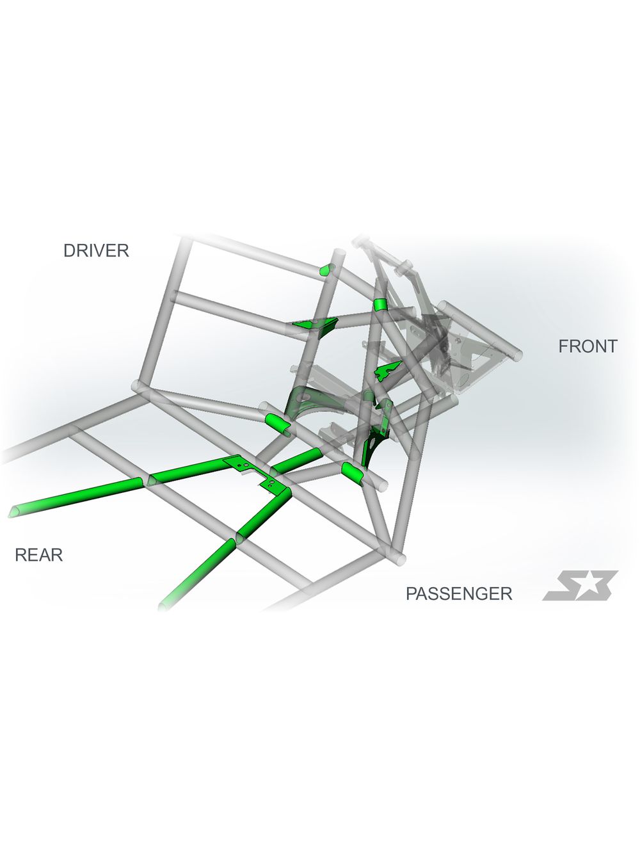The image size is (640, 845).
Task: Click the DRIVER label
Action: (x=95, y=250)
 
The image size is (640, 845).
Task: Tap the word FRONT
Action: (x=588, y=346)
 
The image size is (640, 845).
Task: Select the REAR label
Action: (x=38, y=555)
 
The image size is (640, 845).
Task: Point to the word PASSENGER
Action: (x=459, y=593)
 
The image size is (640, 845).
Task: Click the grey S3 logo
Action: (x=579, y=586)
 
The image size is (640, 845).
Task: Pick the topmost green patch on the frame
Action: (x=326, y=270)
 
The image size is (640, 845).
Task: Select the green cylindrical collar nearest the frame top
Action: (x=380, y=305)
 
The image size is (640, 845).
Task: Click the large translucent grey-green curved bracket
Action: (x=308, y=401)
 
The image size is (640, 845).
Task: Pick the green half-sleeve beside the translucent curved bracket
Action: (x=278, y=424)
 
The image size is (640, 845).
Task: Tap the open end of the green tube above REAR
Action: (x=14, y=511)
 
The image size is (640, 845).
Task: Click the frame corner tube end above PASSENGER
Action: (x=399, y=559)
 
